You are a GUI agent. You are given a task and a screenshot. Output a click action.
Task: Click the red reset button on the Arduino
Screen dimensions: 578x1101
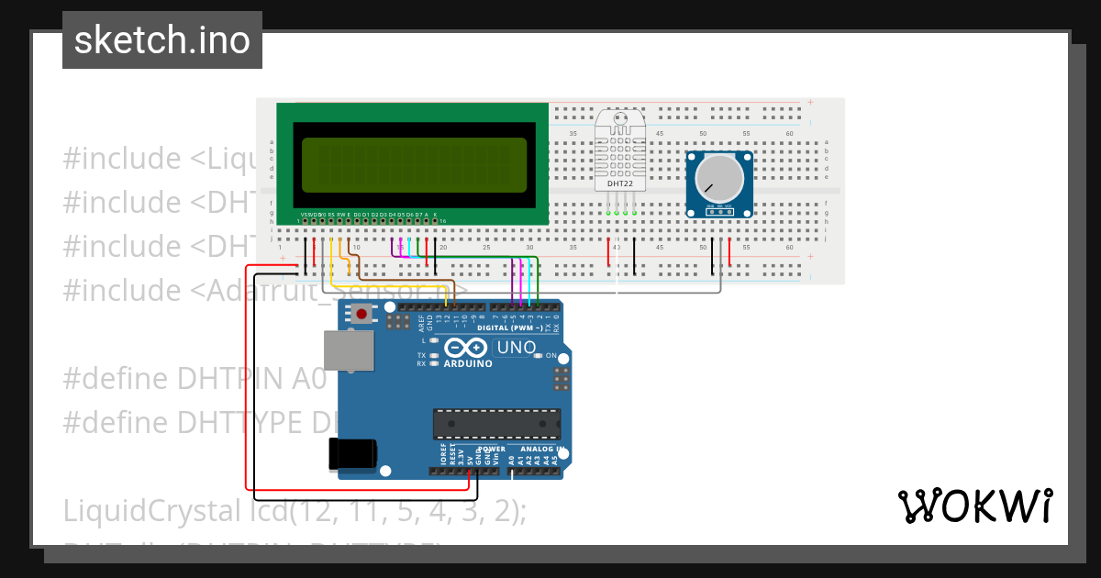click(361, 315)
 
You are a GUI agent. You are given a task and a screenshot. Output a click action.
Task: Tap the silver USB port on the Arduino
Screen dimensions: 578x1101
click(349, 351)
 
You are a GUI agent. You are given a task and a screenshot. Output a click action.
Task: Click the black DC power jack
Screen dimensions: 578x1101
click(352, 454)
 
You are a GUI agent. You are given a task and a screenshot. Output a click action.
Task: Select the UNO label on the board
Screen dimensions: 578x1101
click(516, 348)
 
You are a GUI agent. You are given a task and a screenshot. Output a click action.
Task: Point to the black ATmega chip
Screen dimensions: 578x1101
click(496, 424)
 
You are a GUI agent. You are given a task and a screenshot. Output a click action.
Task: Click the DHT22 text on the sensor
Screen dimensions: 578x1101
click(620, 183)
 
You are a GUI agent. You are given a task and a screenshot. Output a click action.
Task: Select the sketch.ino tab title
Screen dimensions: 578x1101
click(162, 40)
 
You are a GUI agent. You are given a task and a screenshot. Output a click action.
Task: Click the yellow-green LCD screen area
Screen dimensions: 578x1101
click(414, 164)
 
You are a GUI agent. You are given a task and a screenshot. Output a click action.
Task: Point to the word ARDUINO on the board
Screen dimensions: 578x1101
click(468, 363)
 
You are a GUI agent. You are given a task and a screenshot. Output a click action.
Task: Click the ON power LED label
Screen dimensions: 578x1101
click(551, 355)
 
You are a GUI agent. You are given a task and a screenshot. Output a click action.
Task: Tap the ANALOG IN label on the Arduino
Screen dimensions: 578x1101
click(541, 450)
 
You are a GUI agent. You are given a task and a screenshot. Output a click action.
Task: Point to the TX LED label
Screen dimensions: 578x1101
click(422, 355)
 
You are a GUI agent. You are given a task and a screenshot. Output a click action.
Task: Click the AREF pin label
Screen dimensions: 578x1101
click(421, 322)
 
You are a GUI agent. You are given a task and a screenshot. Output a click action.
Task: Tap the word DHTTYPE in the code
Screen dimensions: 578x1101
click(241, 422)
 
